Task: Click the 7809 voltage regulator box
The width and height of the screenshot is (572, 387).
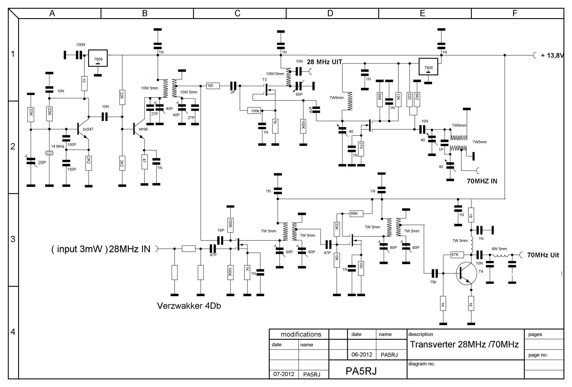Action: [x=98, y=57]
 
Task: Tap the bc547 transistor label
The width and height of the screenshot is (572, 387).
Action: [x=88, y=129]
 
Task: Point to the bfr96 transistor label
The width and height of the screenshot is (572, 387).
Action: [x=143, y=129]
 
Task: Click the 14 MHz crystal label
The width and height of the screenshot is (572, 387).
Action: [x=58, y=146]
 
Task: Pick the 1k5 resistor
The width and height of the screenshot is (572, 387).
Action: [x=210, y=86]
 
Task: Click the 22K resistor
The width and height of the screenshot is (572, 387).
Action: [x=122, y=95]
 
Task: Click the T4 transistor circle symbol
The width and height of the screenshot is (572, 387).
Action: [x=468, y=274]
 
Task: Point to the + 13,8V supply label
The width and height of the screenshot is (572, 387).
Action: [x=552, y=55]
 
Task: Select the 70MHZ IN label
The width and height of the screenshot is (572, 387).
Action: [x=482, y=181]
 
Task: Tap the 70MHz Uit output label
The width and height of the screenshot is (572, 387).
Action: [x=543, y=255]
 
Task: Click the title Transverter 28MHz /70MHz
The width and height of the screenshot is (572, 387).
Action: [x=464, y=345]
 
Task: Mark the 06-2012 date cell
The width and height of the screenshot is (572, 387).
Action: [x=362, y=355]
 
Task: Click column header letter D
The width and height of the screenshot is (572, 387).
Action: [x=330, y=14]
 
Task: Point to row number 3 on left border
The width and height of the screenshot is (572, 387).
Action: [x=13, y=240]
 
